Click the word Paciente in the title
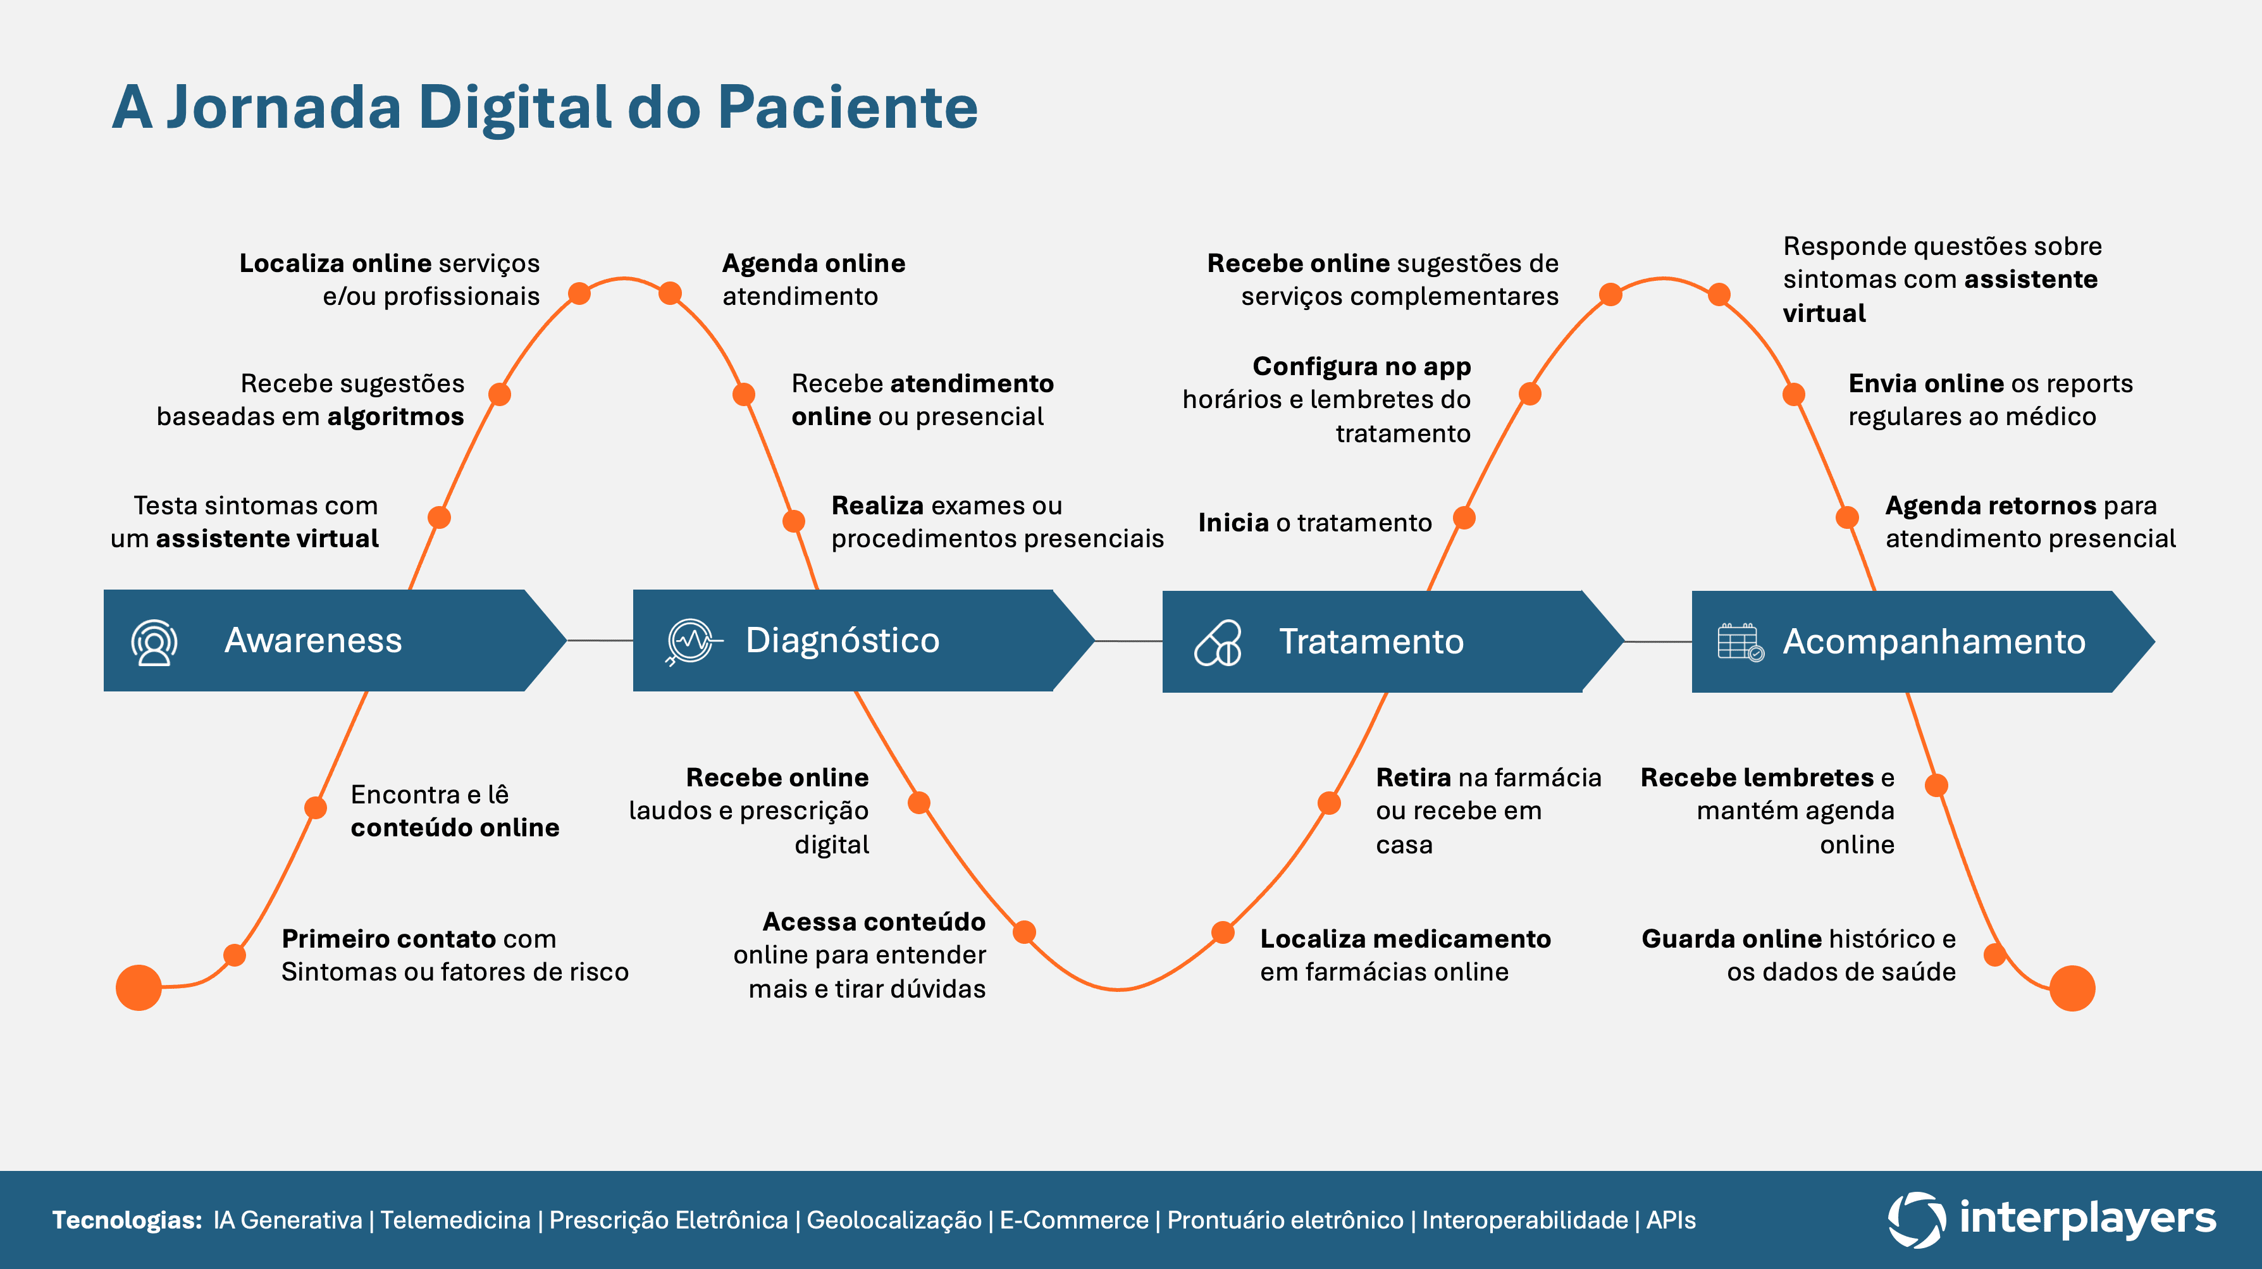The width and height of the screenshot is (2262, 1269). (x=848, y=107)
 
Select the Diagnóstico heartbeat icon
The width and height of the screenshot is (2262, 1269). (x=691, y=641)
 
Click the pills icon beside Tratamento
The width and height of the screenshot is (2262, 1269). (x=1218, y=643)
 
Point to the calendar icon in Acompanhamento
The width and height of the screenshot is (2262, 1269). (x=1740, y=642)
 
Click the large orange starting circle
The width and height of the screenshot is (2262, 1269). (x=139, y=987)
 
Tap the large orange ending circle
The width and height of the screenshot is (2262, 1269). (x=2072, y=988)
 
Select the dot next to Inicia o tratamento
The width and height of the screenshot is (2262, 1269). (x=1464, y=518)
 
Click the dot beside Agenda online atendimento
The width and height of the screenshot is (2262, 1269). (x=670, y=294)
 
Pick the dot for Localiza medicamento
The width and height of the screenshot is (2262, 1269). (x=1222, y=932)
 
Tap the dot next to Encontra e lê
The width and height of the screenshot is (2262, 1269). (x=315, y=808)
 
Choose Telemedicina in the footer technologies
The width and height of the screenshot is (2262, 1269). (x=455, y=1220)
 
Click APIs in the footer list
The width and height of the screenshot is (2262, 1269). (x=1670, y=1220)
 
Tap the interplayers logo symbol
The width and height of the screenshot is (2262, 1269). (x=1916, y=1219)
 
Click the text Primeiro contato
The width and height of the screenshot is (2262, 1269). (x=388, y=939)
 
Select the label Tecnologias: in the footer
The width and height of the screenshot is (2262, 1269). (x=127, y=1220)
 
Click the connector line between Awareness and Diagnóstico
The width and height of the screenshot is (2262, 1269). (x=600, y=641)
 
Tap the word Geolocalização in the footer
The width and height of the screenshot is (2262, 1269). (x=893, y=1220)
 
